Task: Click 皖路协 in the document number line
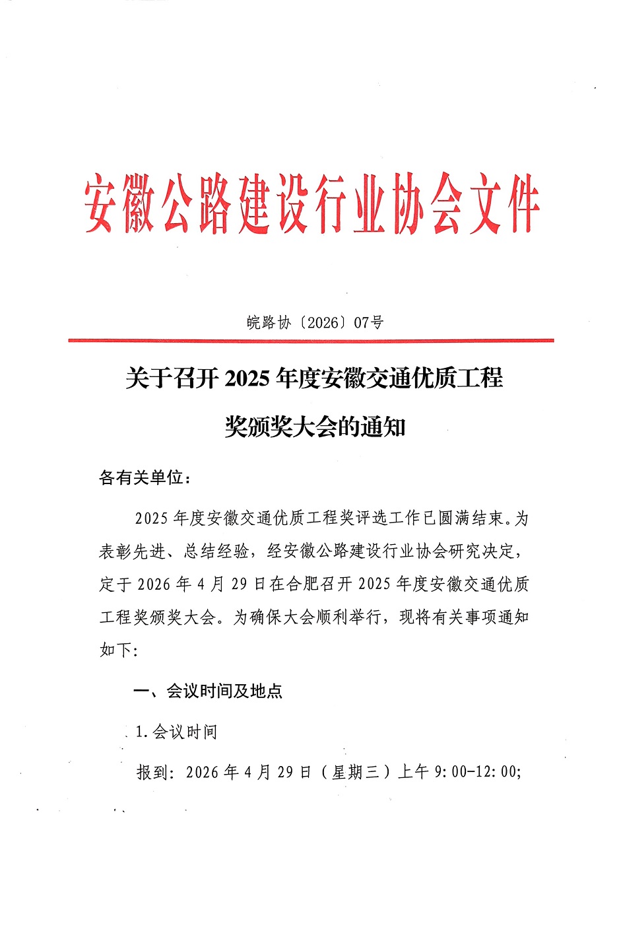[269, 322]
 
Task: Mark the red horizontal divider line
[311, 341]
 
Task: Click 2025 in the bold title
[247, 379]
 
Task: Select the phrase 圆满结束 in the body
[471, 518]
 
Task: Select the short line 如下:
[119, 650]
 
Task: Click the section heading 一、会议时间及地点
[208, 691]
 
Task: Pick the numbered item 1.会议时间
[176, 732]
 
